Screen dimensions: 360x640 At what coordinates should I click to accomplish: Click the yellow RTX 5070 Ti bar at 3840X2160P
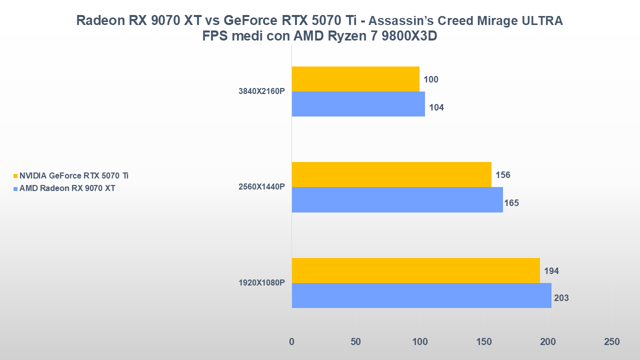pos(355,79)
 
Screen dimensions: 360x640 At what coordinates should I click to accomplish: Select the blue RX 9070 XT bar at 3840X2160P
pos(358,104)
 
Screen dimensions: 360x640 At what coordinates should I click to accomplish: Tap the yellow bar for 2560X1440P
pos(391,174)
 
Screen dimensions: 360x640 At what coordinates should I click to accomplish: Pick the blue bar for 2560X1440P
pos(397,199)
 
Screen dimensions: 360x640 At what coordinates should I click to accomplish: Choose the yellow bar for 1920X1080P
pos(415,270)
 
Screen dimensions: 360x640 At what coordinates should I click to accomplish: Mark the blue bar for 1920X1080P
pos(421,295)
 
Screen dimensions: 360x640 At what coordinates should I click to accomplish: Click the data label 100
pos(431,79)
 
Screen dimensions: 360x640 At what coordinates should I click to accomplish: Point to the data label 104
pos(436,107)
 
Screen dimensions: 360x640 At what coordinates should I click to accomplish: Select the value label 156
pos(502,175)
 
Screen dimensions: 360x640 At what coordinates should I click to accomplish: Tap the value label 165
pos(511,202)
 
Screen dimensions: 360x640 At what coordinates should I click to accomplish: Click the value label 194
pos(551,271)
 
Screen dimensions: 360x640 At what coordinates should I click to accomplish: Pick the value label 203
pos(561,298)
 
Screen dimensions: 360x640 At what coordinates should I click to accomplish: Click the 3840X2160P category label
pos(261,91)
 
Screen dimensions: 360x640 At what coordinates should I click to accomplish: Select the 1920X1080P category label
pos(261,283)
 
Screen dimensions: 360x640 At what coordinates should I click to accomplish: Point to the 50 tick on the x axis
pos(355,342)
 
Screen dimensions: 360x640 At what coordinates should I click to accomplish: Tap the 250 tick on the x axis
pos(611,342)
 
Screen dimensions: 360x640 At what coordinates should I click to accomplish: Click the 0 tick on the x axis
pos(292,342)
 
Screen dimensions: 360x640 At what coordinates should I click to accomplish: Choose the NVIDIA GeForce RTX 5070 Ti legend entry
pos(73,175)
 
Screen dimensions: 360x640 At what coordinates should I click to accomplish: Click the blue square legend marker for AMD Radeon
pos(15,188)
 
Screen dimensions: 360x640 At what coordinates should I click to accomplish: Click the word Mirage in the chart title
pos(482,21)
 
